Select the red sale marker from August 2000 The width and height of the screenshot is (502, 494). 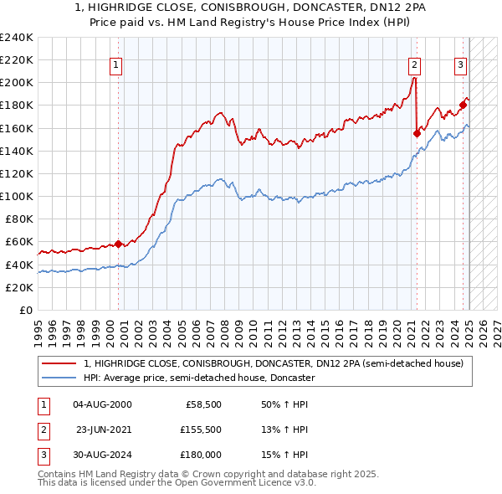(x=118, y=244)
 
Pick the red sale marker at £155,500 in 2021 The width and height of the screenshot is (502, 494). (x=417, y=133)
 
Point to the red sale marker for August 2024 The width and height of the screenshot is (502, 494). (x=462, y=105)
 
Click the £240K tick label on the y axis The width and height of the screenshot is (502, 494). (x=17, y=38)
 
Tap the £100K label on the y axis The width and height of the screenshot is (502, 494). (x=17, y=196)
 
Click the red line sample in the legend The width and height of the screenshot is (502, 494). (x=59, y=363)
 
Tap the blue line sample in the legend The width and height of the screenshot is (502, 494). (x=59, y=378)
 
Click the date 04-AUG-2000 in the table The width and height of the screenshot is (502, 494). (x=103, y=404)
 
